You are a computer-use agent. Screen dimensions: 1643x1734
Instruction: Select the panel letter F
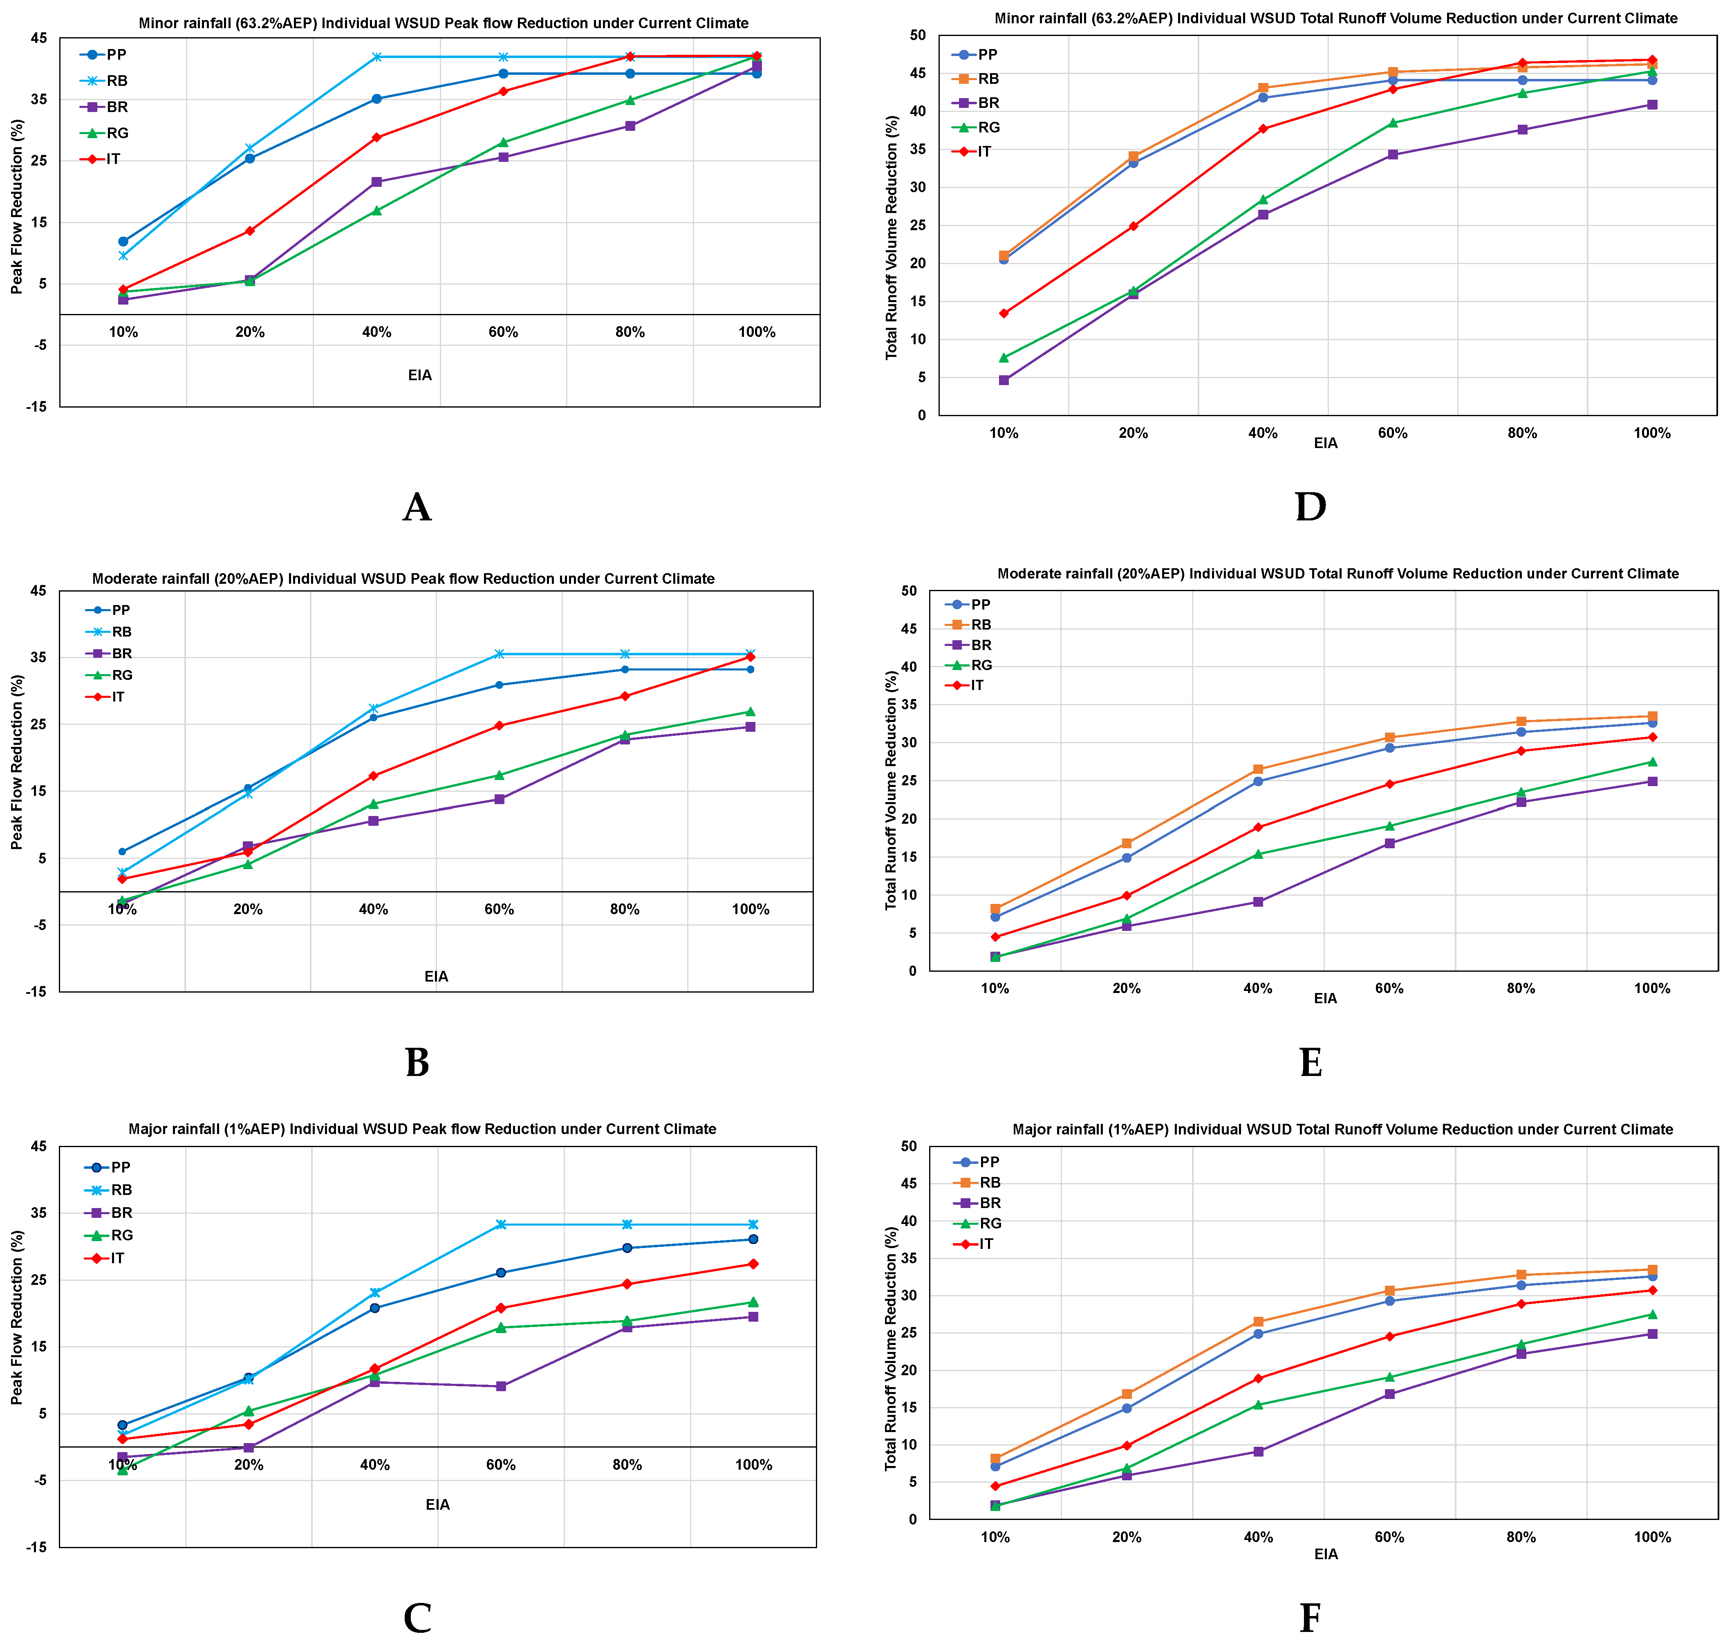1310,1618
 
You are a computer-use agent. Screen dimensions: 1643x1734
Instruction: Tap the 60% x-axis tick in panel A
504,332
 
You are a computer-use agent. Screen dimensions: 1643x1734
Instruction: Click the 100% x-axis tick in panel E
1652,989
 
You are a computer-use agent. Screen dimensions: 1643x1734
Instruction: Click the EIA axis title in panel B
436,977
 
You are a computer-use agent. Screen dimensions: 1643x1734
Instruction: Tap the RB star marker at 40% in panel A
376,57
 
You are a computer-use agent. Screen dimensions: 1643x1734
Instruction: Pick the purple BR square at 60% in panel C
501,1386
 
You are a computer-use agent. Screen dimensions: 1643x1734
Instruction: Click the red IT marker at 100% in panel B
751,657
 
